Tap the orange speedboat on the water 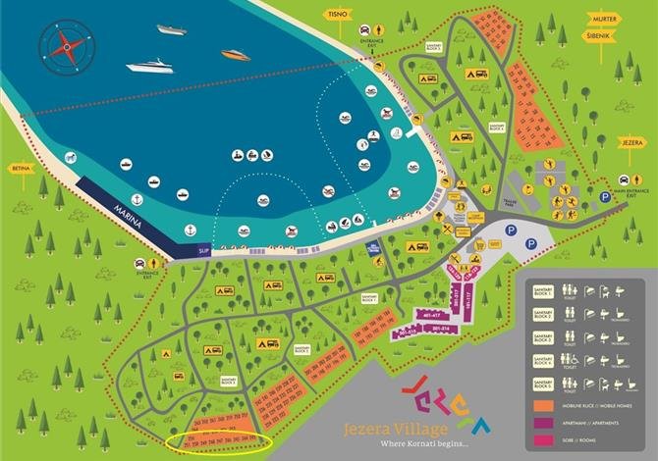click(236, 55)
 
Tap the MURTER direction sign click(604, 18)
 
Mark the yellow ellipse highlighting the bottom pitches click(217, 444)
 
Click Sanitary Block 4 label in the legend click(544, 361)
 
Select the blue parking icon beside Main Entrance click(604, 196)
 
